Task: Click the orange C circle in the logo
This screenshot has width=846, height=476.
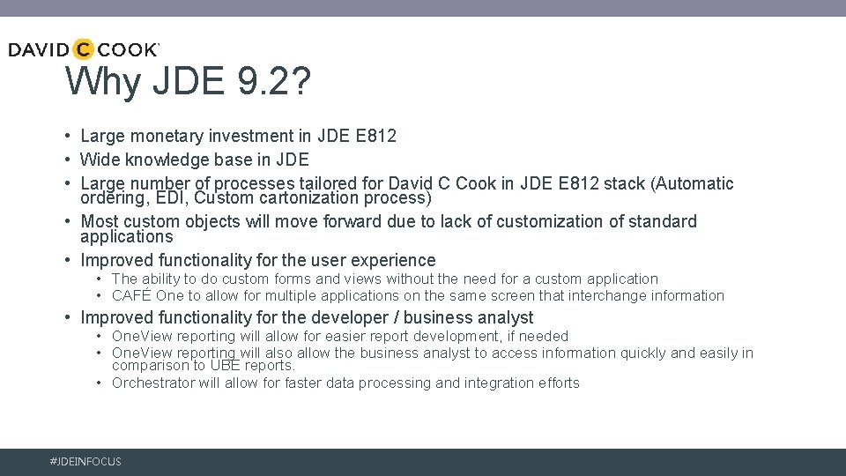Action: (83, 49)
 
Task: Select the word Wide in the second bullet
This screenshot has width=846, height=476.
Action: (99, 160)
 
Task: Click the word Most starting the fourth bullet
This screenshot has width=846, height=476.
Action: (100, 221)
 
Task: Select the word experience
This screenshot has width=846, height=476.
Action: (393, 260)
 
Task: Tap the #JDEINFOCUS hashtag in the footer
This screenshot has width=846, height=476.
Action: (86, 462)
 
